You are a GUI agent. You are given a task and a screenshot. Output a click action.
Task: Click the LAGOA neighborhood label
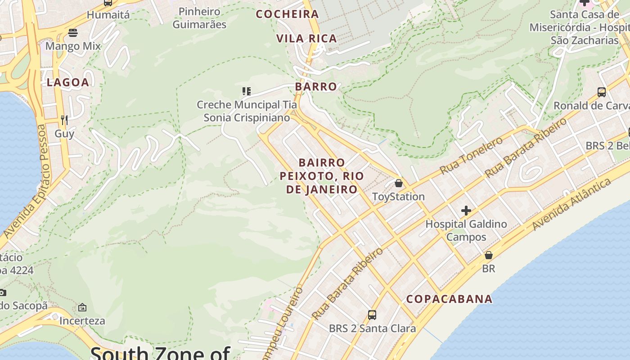click(68, 82)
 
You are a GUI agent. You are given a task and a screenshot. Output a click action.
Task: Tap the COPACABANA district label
click(449, 299)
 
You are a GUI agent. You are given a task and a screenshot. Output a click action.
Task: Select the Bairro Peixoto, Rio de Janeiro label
click(322, 176)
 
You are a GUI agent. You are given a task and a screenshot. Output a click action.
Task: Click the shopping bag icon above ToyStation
click(398, 183)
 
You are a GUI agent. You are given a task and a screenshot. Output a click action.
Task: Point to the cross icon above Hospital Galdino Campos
click(466, 210)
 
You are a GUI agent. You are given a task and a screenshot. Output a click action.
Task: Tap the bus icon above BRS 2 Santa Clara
click(372, 315)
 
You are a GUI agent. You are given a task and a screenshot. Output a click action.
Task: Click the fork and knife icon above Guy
click(64, 120)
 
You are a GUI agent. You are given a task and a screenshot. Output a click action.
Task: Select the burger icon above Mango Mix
click(73, 32)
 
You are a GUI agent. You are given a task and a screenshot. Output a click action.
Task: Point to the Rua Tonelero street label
click(471, 156)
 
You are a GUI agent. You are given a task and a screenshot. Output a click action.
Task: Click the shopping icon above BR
click(488, 255)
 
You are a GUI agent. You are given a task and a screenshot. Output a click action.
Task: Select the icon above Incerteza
click(82, 308)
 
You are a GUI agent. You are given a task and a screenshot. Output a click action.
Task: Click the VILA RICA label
click(307, 39)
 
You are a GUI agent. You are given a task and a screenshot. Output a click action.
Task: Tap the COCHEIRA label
click(287, 14)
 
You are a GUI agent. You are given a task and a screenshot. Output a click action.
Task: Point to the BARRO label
click(316, 87)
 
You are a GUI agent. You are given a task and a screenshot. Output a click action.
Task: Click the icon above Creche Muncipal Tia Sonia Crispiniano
click(246, 91)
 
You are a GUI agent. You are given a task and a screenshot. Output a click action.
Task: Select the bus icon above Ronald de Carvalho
click(601, 92)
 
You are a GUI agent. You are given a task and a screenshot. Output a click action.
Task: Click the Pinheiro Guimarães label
click(199, 18)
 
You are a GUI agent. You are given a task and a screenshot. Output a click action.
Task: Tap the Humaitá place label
click(108, 15)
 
